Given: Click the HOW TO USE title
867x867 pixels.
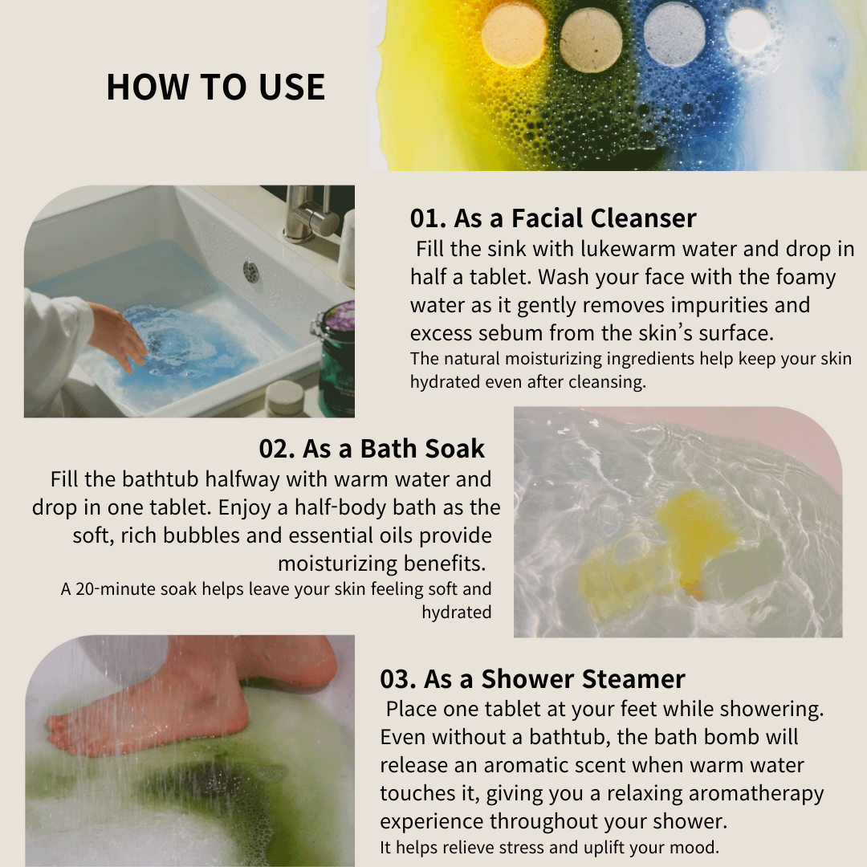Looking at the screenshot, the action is pyautogui.click(x=216, y=87).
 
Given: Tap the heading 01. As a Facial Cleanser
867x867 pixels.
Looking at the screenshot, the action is pyautogui.click(x=553, y=218).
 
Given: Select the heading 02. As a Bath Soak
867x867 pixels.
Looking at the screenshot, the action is pyautogui.click(x=372, y=449).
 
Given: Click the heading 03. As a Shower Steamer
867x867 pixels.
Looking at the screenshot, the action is pyautogui.click(x=532, y=679).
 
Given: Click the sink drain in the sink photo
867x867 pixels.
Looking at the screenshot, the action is pyautogui.click(x=251, y=271).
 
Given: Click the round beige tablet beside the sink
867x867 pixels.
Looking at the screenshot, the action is pyautogui.click(x=285, y=397).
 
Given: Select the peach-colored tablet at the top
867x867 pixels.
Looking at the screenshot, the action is pyautogui.click(x=514, y=35).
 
